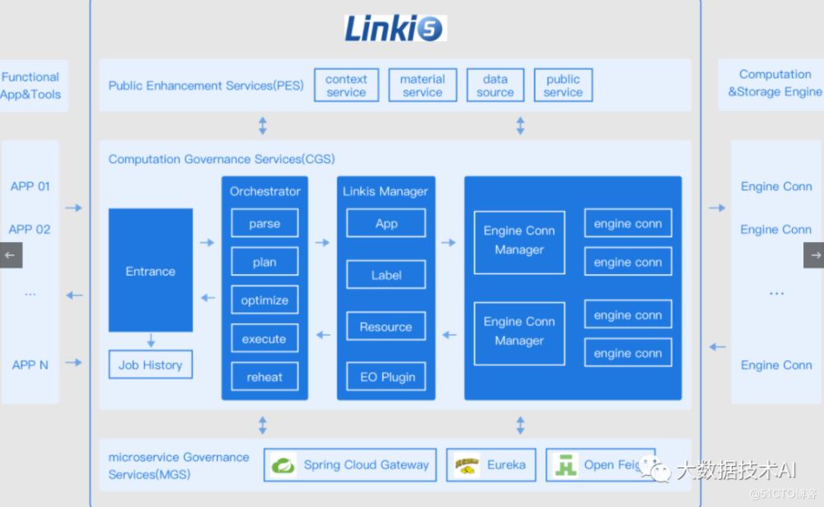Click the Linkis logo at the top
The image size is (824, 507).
395,28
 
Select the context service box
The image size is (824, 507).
346,86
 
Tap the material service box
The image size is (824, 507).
422,86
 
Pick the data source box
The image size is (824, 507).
495,86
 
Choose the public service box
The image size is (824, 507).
563,86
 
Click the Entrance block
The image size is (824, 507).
151,271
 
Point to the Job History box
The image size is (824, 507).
151,365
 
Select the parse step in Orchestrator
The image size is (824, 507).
265,224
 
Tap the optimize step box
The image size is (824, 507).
265,300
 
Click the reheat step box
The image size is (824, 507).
265,377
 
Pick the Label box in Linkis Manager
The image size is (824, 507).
386,275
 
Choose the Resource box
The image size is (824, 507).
386,327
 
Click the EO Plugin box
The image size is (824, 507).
386,377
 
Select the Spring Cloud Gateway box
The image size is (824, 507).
350,465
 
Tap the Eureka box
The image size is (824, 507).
491,465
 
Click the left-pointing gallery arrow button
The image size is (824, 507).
11,255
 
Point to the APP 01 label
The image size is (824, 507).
30,186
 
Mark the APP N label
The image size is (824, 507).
30,365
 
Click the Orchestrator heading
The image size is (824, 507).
265,191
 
